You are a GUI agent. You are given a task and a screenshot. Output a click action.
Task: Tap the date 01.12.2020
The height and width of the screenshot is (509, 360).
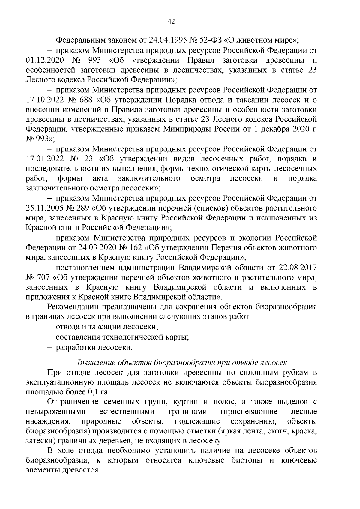(45, 60)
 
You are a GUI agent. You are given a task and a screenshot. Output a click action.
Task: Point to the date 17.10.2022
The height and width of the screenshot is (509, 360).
(45, 100)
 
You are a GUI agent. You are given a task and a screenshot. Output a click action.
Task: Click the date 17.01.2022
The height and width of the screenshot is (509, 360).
(45, 159)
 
